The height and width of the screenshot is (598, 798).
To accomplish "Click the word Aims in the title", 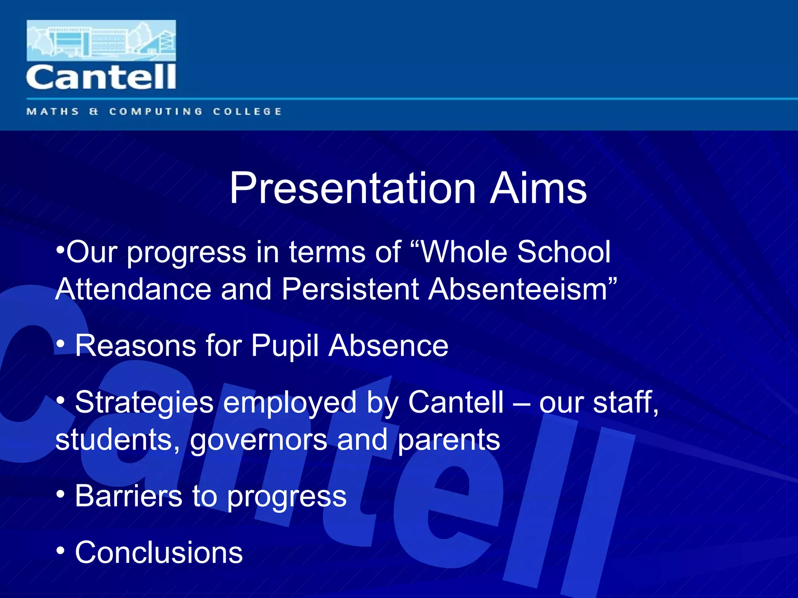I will point(538,188).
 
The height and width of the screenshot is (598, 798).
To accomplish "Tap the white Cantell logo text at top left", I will point(101,77).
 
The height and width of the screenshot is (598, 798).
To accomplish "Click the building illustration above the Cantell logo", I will point(101,40).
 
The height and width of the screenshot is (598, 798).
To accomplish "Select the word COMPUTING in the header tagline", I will point(156,112).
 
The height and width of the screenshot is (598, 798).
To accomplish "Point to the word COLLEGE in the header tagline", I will point(247,112).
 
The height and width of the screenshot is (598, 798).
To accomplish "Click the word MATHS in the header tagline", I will point(53,112).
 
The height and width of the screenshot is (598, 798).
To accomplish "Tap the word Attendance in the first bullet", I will point(133,289).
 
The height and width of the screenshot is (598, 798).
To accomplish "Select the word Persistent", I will point(350,289).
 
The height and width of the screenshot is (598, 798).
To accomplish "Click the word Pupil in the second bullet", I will point(285,346).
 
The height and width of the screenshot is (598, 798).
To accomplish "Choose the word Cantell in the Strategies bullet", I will point(456,402).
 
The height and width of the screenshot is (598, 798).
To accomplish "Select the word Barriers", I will point(129,496).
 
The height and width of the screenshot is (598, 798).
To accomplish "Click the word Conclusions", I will point(159,552).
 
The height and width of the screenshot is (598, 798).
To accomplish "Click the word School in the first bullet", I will point(563,252).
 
